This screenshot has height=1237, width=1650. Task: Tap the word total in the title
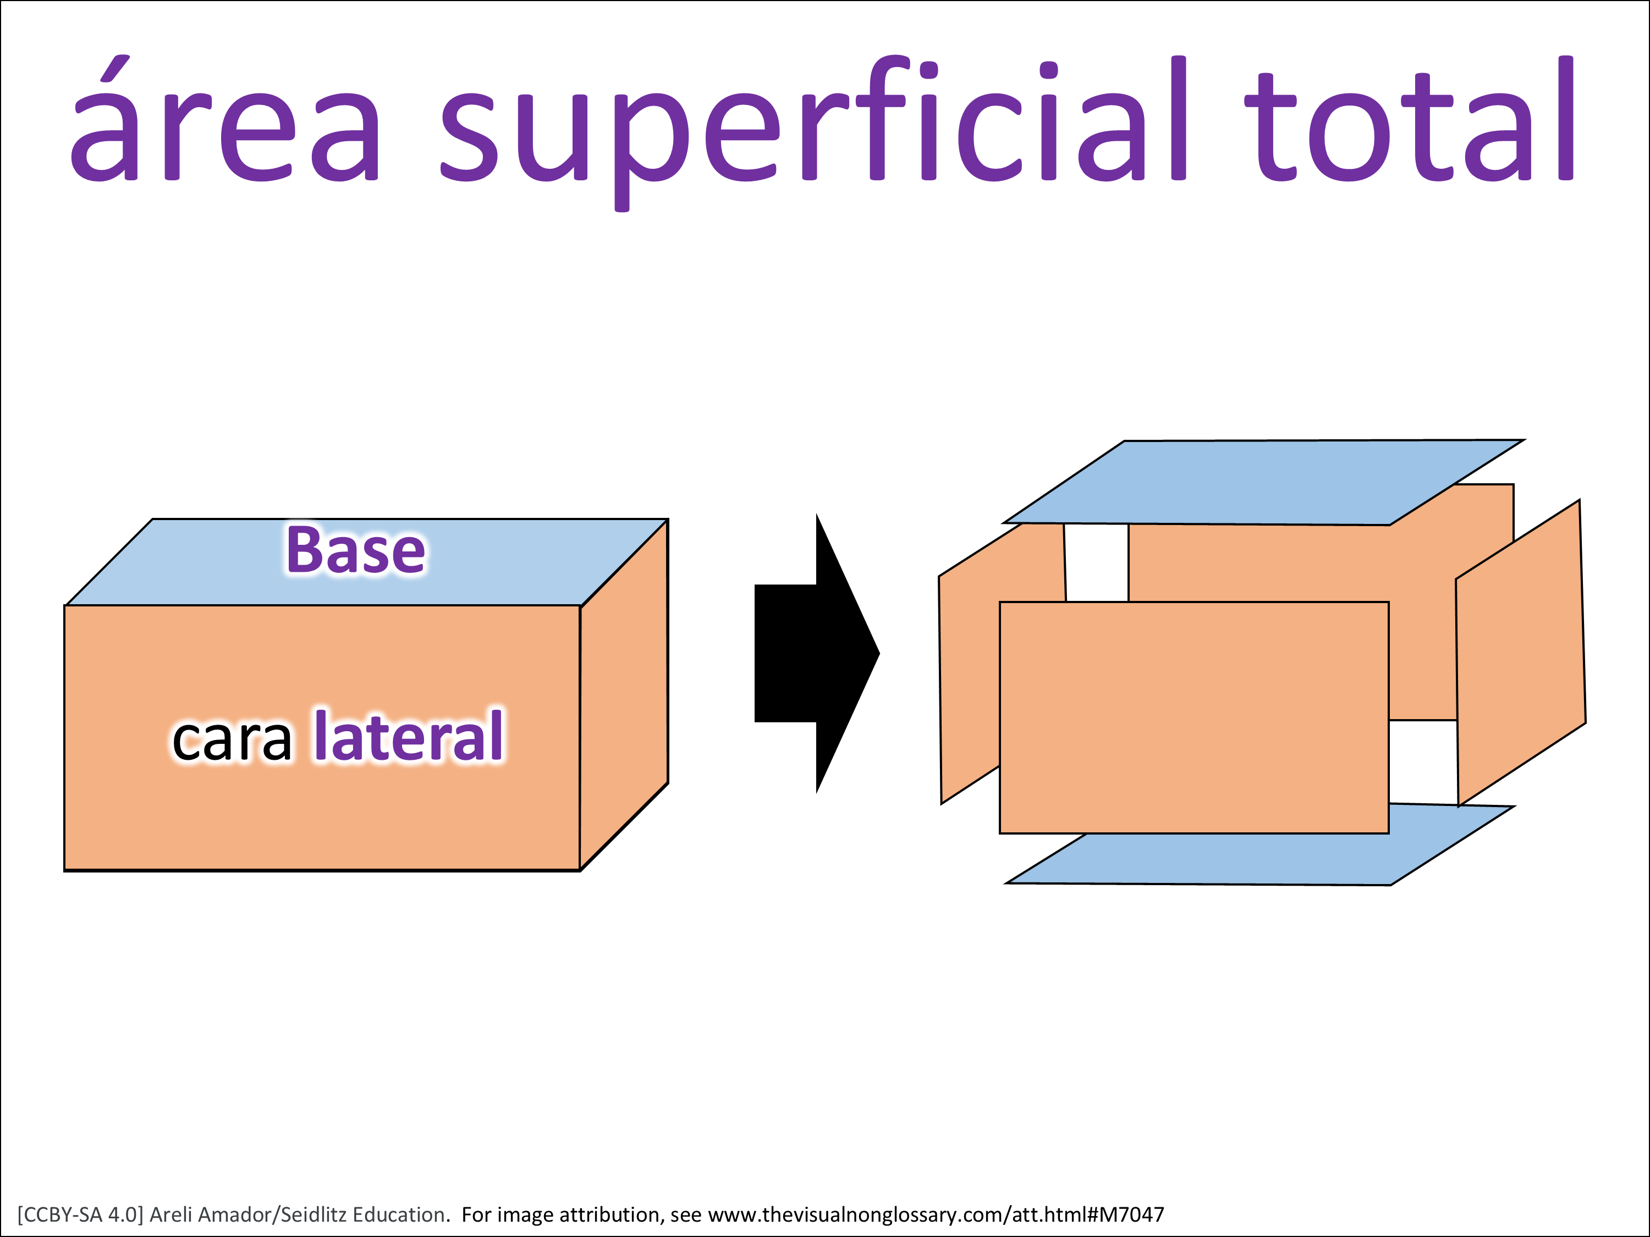coord(1410,127)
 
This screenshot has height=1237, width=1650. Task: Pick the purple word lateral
coord(409,737)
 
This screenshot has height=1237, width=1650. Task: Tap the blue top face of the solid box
coord(186,567)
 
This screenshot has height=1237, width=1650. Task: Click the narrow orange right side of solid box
coord(624,693)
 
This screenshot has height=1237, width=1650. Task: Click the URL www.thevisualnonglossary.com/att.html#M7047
coord(936,1214)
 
